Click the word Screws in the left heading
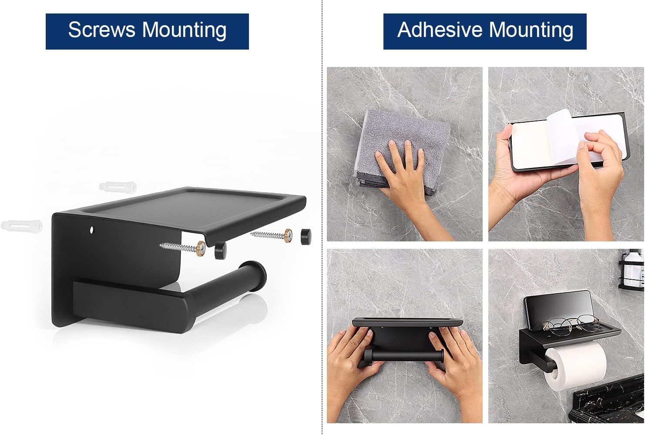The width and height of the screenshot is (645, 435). pyautogui.click(x=102, y=30)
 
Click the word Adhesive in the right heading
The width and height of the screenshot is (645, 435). pyautogui.click(x=440, y=30)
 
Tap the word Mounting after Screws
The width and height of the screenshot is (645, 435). pyautogui.click(x=184, y=31)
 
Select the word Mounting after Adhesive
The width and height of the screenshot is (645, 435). pyautogui.click(x=531, y=31)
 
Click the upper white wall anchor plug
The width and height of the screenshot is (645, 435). pyautogui.click(x=118, y=187)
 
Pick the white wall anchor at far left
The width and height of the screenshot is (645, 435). pyautogui.click(x=22, y=225)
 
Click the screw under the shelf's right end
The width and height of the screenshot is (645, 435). pyautogui.click(x=272, y=234)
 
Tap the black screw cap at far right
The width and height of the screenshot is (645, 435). pyautogui.click(x=306, y=237)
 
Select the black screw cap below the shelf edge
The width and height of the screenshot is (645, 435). pyautogui.click(x=220, y=251)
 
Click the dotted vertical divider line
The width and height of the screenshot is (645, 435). pyautogui.click(x=322, y=217)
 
